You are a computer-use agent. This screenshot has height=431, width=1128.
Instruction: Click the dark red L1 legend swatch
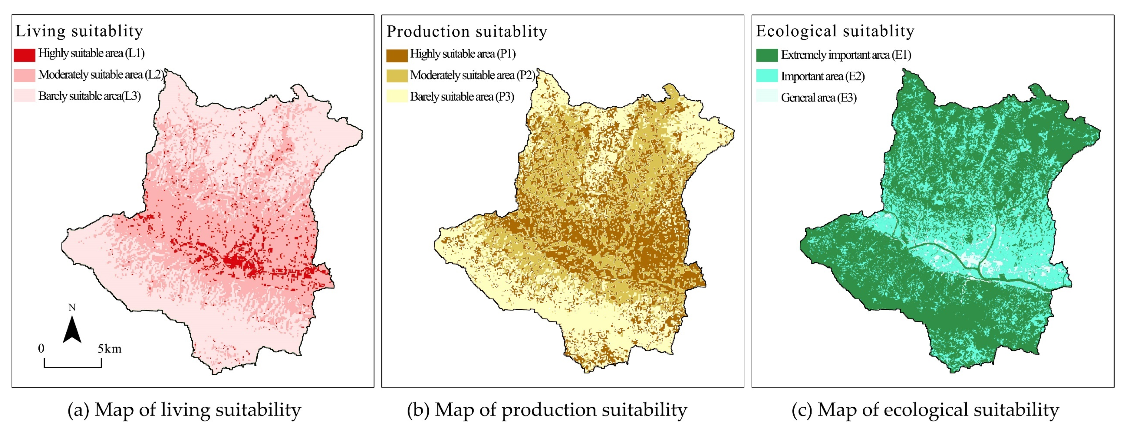coord(24,55)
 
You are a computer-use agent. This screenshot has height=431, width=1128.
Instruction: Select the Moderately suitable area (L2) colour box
coord(24,75)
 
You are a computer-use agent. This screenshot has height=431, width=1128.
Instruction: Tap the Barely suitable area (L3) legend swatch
coord(24,96)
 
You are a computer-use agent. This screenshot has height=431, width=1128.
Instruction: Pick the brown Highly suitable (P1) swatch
coord(397,55)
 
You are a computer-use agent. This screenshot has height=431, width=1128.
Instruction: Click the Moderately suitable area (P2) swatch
coord(397,76)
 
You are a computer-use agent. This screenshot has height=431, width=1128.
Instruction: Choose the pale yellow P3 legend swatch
coord(397,96)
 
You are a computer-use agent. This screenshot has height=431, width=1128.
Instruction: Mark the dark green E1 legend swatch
coord(767,55)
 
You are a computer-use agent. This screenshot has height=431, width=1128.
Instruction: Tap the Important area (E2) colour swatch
coord(767,76)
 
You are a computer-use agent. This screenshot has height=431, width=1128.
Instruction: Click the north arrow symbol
coord(72,329)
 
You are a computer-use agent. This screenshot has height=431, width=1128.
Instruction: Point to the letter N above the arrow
coord(72,308)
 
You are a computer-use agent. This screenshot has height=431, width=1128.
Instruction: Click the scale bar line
coord(73,366)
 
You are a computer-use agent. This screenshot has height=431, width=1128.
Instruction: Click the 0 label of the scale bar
coord(41,349)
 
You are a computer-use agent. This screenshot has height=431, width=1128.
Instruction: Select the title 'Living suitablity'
coord(79,31)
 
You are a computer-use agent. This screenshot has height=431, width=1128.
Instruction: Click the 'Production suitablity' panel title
coord(467,32)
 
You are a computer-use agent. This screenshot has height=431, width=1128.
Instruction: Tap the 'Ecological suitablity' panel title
coord(835,31)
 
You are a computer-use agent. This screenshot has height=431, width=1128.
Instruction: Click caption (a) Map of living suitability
coord(184,410)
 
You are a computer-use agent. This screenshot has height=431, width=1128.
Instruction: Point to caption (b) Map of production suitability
coord(547,410)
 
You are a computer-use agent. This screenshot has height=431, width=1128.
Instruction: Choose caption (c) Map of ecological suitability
coord(925,410)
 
